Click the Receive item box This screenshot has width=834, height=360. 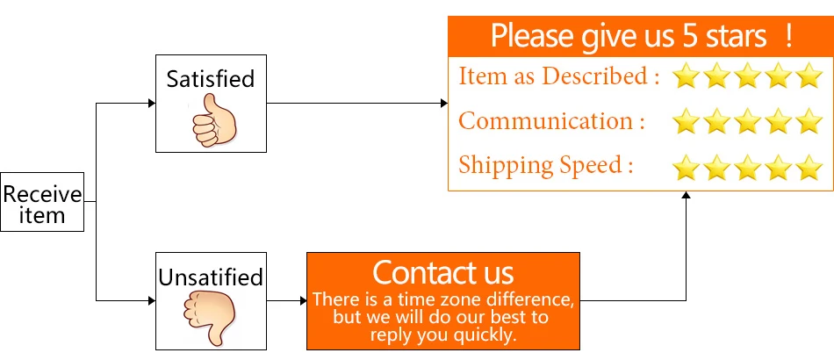42,202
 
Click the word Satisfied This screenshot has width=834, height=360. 211,79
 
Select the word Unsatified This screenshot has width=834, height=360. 211,277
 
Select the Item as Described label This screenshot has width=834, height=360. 558,76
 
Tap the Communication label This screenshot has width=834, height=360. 551,120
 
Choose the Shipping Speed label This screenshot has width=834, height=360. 546,164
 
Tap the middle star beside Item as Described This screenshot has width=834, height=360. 747,77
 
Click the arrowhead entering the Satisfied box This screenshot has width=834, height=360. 151,104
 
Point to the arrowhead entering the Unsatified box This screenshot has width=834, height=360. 151,301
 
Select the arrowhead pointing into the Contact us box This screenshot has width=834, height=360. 301,301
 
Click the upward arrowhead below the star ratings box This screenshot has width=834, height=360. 685,196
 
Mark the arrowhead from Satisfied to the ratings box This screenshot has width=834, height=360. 443,104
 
